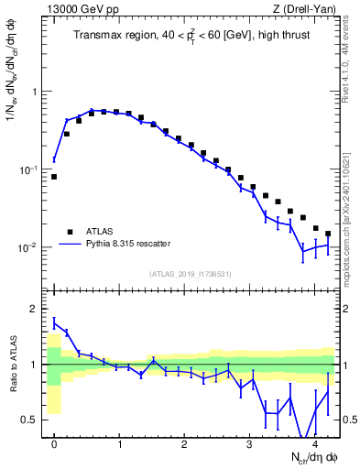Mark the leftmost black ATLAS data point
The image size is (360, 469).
point(54,177)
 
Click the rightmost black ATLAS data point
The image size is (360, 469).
point(328,234)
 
